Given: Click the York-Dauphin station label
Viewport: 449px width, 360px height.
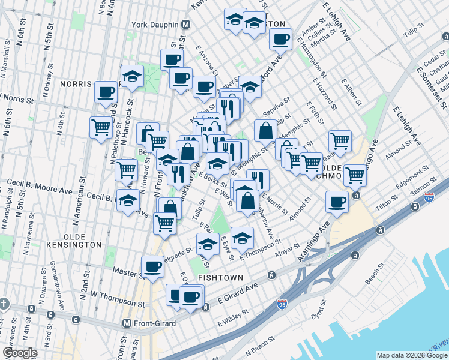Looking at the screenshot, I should [x=155, y=25].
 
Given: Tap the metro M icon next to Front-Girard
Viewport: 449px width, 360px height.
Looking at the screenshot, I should [x=127, y=323].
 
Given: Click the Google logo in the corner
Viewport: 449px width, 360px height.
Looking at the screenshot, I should [x=20, y=352].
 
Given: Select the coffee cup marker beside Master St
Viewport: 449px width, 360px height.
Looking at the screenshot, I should [x=152, y=266].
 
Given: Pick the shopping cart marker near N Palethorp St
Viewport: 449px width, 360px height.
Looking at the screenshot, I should [x=101, y=127].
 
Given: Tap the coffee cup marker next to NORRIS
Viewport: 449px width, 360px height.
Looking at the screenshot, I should [x=106, y=92].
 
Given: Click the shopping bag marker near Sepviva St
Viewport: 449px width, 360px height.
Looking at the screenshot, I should [x=265, y=130].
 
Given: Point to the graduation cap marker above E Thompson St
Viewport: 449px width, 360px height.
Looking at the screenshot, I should [x=242, y=238].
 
